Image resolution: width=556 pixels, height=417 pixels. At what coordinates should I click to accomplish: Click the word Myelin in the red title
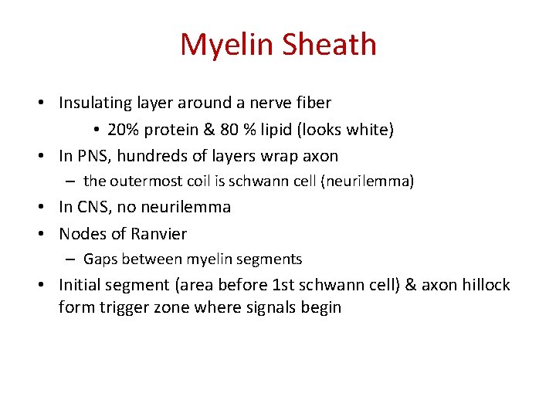[x=226, y=45]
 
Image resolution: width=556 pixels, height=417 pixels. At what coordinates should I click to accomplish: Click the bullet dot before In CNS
[x=48, y=208]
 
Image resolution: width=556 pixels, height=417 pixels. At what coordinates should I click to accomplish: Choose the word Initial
[x=83, y=285]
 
